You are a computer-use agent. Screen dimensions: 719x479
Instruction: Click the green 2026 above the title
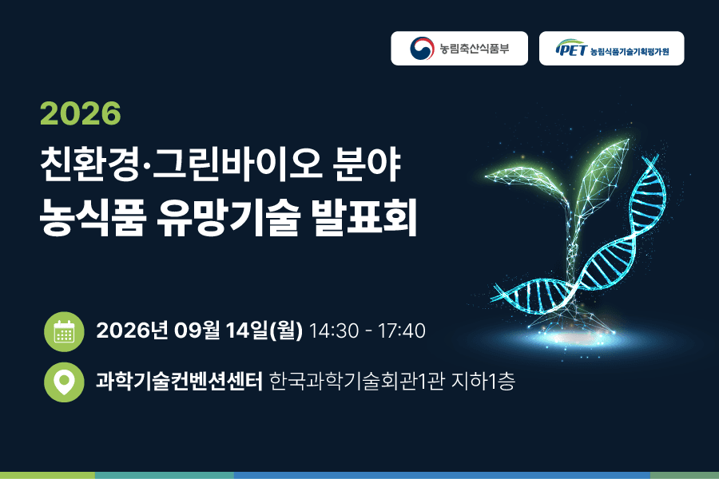[x=80, y=113]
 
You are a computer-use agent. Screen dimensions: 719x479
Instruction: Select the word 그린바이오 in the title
[x=237, y=164]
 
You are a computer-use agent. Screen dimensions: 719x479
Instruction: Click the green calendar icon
[x=64, y=331]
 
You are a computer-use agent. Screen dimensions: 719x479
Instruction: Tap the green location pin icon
[x=64, y=382]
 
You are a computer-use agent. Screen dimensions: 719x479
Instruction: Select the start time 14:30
[x=334, y=331]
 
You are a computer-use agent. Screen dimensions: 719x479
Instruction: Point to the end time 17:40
[x=402, y=331]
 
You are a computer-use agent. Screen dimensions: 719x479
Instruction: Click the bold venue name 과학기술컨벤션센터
[x=179, y=382]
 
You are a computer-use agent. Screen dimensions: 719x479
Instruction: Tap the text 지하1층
[x=483, y=382]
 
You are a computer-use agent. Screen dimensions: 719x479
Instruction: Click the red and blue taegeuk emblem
[x=422, y=48]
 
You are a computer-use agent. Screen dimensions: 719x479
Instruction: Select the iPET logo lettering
[x=571, y=48]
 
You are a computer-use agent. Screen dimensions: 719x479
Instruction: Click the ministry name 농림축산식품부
[x=474, y=48]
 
